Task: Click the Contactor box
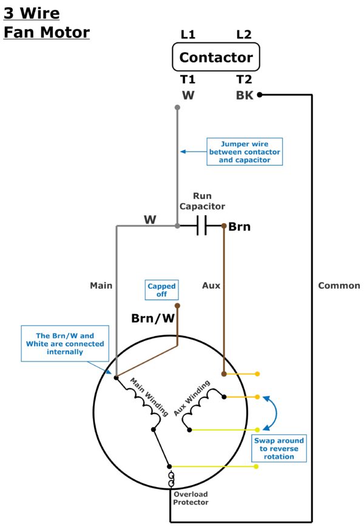point(216,58)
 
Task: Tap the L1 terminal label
point(188,35)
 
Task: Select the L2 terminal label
point(243,35)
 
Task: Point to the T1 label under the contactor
point(187,79)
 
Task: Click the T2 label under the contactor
point(243,79)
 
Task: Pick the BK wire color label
point(244,95)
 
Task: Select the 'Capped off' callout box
point(161,290)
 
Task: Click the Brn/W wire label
point(153,318)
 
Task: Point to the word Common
point(339,285)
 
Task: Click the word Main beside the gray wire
point(101,285)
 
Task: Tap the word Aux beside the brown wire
point(211,285)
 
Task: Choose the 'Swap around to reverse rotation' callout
point(279,448)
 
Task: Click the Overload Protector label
point(190,498)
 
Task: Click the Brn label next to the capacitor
point(239,227)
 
